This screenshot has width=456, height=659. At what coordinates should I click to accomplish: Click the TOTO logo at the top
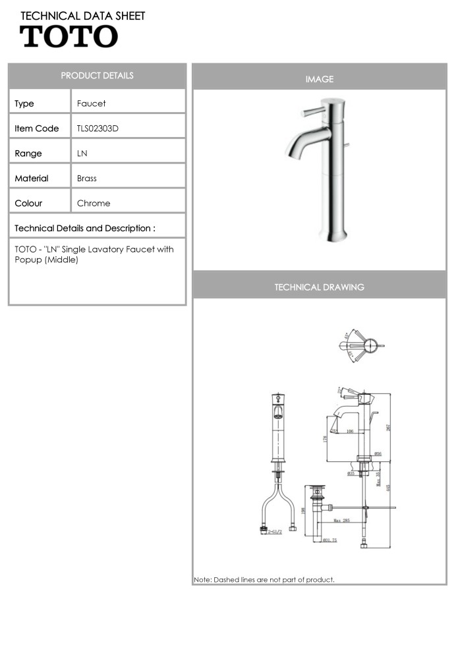(69, 36)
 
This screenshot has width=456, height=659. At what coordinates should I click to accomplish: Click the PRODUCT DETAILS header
(97, 76)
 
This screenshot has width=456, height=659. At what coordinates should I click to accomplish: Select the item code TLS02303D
(98, 129)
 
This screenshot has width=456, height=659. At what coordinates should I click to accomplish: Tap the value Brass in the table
(86, 179)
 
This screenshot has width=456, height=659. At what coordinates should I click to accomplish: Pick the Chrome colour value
(94, 204)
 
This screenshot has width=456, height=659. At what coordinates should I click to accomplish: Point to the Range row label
(28, 154)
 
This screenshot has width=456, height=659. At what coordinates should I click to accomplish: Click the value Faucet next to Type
(91, 103)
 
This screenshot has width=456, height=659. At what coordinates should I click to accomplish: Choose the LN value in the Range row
(82, 154)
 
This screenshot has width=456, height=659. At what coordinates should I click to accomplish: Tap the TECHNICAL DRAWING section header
(319, 287)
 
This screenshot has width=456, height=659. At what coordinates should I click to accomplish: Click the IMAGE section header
(319, 79)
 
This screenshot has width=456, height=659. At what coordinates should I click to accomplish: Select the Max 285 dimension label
(341, 521)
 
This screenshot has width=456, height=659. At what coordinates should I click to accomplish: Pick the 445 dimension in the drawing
(388, 488)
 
